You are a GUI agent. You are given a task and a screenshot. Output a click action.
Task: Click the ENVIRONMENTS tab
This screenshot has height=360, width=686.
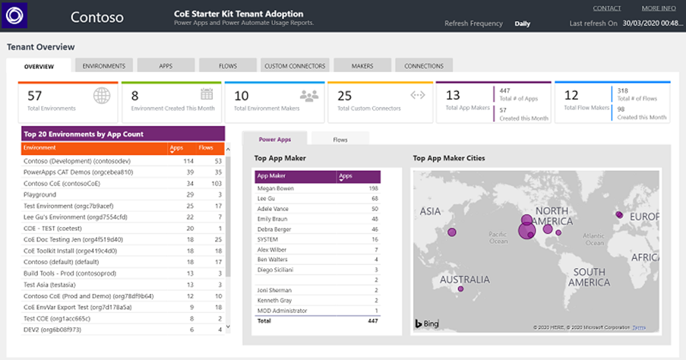pyautogui.click(x=104, y=66)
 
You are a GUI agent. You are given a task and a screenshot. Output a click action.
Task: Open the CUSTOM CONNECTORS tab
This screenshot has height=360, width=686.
pyautogui.click(x=295, y=66)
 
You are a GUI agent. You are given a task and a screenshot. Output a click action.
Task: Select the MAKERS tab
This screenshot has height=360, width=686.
pyautogui.click(x=362, y=66)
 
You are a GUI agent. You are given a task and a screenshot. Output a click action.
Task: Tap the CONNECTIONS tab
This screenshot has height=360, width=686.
pyautogui.click(x=424, y=66)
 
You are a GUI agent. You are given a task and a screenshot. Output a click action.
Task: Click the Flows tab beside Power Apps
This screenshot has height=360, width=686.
pyautogui.click(x=340, y=140)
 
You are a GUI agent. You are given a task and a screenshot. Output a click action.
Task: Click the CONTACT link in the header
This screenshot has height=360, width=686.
pyautogui.click(x=606, y=8)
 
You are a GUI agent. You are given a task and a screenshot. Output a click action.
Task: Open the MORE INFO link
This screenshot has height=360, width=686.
pyautogui.click(x=658, y=8)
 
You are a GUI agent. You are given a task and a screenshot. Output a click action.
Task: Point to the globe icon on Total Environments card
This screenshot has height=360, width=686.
pyautogui.click(x=102, y=96)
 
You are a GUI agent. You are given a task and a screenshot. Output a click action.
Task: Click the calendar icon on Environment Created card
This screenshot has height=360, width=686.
pyautogui.click(x=207, y=94)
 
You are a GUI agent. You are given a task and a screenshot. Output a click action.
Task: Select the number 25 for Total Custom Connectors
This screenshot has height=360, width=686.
pyautogui.click(x=345, y=96)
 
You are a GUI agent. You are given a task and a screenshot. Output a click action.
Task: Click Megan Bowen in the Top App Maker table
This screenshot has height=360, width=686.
pyautogui.click(x=275, y=188)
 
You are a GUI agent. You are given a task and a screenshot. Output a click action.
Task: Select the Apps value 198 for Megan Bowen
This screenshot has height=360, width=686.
pyautogui.click(x=372, y=188)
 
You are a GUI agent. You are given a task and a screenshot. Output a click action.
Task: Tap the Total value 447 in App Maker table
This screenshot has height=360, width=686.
pyautogui.click(x=371, y=321)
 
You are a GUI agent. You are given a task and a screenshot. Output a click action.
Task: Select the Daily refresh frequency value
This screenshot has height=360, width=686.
pyautogui.click(x=522, y=24)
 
